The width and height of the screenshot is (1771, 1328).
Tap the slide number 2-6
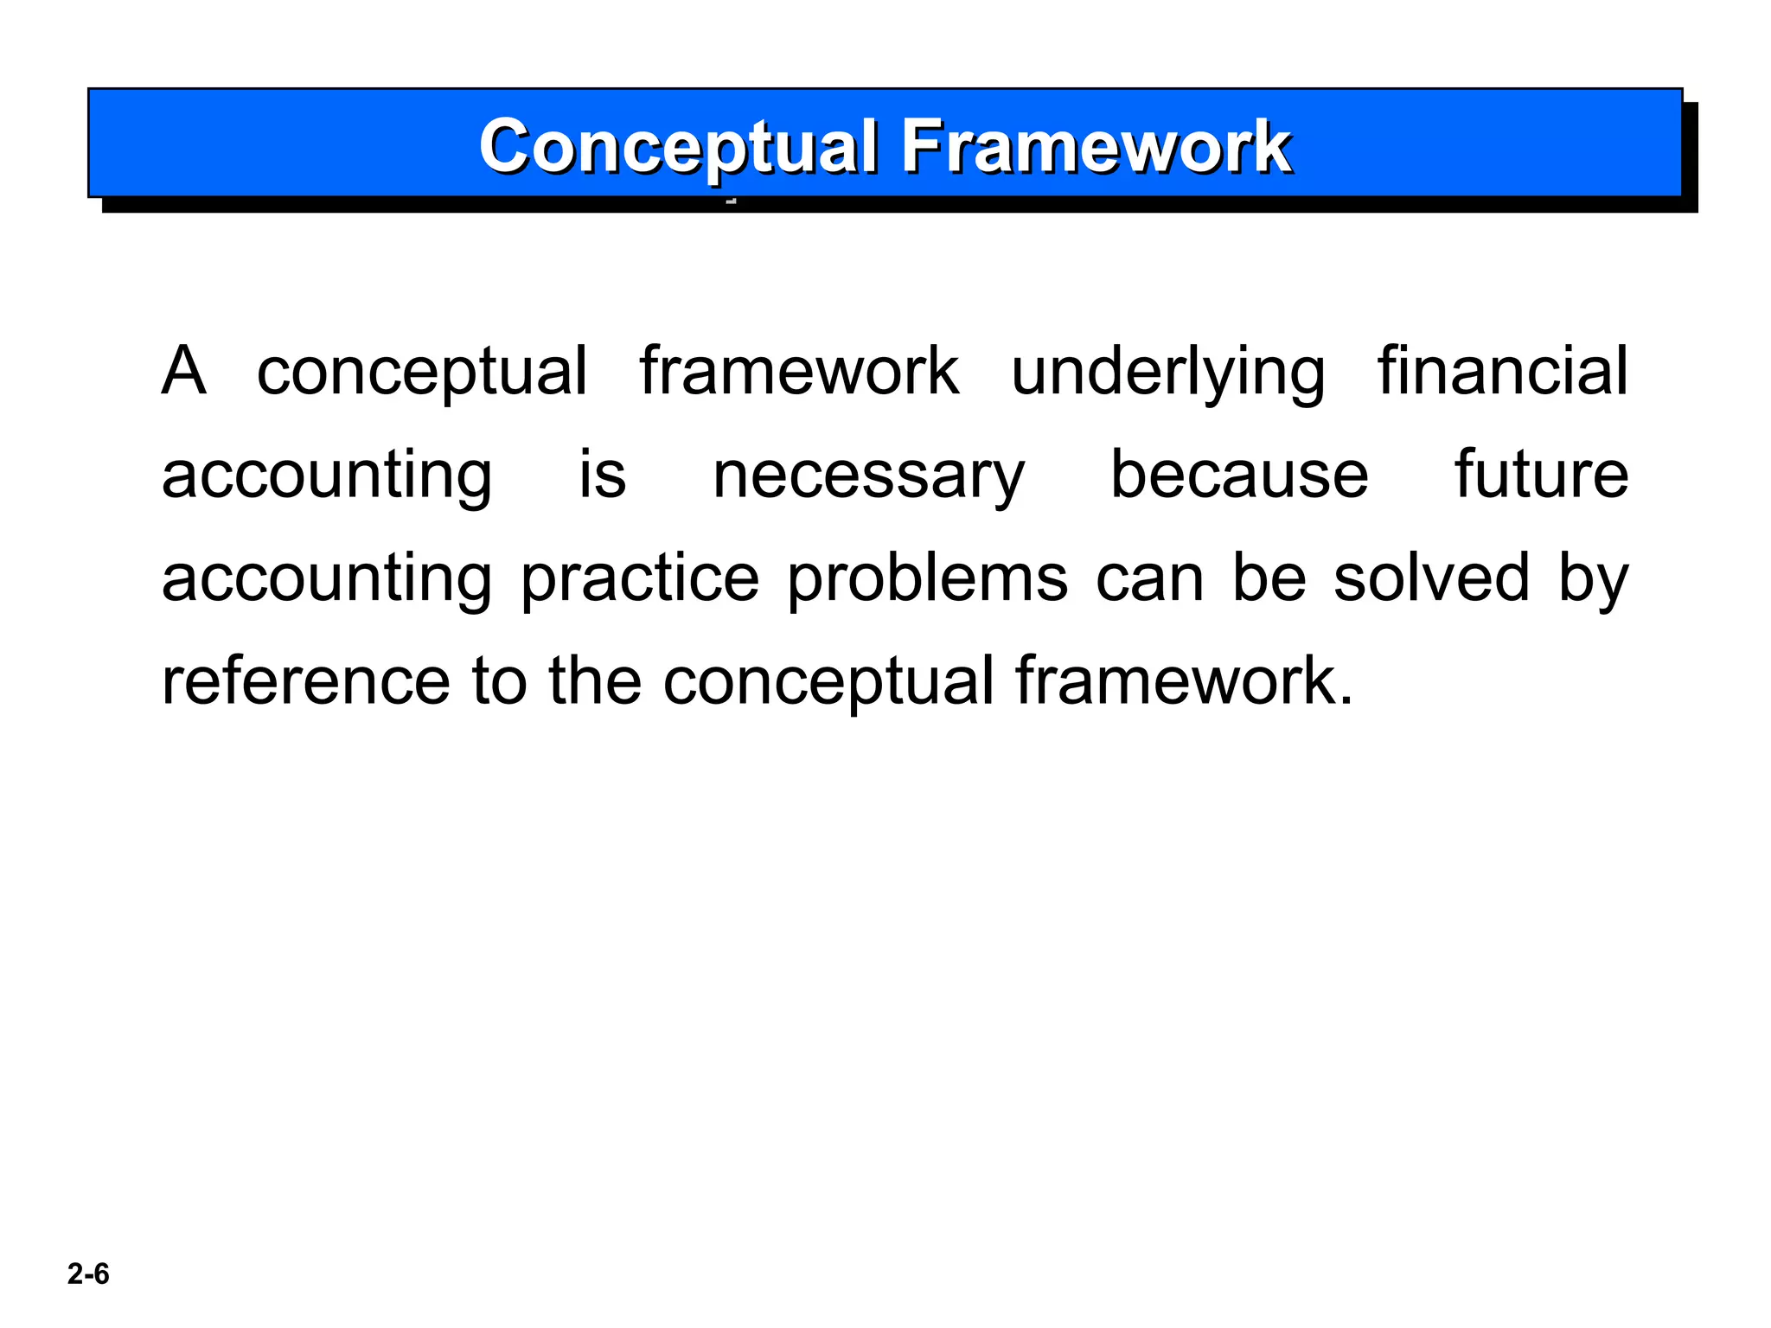click(x=88, y=1274)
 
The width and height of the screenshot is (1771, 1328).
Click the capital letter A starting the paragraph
click(x=184, y=371)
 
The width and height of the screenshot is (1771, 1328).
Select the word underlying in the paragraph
click(x=1167, y=371)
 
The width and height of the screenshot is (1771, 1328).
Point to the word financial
click(x=1502, y=371)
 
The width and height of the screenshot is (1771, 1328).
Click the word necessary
click(x=867, y=475)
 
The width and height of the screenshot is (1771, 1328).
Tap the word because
click(x=1238, y=475)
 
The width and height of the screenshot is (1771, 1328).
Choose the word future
click(x=1541, y=475)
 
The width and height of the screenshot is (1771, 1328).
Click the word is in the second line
click(x=602, y=475)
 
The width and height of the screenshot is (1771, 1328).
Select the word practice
click(x=640, y=578)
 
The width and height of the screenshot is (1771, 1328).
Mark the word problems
click(x=927, y=578)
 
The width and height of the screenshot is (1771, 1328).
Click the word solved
click(x=1431, y=578)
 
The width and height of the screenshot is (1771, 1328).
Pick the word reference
click(x=306, y=681)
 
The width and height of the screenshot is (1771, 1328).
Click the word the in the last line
click(x=595, y=681)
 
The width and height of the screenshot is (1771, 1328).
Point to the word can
click(x=1149, y=578)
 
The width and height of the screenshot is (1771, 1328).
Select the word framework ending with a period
click(x=1183, y=681)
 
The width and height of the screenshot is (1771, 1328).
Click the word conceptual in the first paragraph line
click(x=422, y=371)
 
